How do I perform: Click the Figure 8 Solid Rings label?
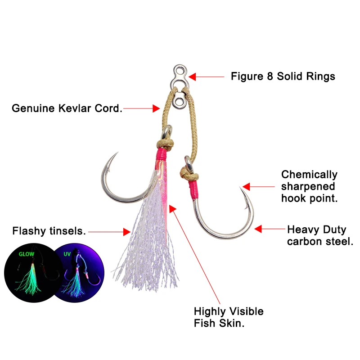(x=283, y=76)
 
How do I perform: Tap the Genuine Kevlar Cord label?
(x=67, y=108)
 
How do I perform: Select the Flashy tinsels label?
(x=49, y=232)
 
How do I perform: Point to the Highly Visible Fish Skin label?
(x=229, y=317)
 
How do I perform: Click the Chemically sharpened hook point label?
(x=309, y=186)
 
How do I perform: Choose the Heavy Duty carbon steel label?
(x=320, y=236)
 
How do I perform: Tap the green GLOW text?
(x=26, y=254)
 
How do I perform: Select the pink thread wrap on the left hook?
(x=162, y=157)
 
